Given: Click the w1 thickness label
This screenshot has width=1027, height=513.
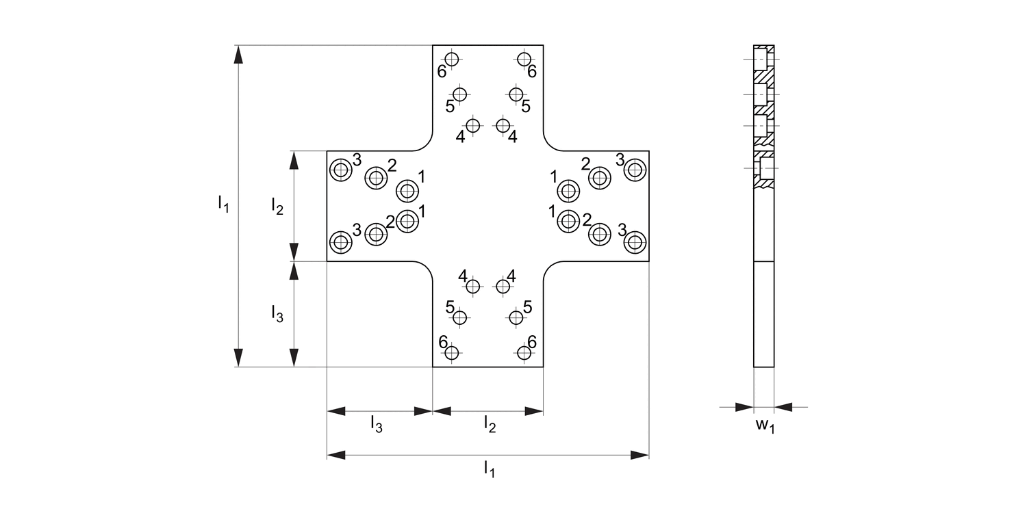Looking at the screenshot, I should [765, 426].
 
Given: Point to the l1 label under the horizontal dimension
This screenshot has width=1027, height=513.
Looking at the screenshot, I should [488, 469].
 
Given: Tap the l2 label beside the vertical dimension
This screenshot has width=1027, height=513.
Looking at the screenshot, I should [277, 205].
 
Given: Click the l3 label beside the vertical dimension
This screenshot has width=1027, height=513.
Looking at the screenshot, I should [277, 314].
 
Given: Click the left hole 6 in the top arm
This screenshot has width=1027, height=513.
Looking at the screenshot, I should [451, 59].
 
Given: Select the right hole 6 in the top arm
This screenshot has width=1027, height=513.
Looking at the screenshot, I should [524, 59].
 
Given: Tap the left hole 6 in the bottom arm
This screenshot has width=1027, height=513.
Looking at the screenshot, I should [451, 353].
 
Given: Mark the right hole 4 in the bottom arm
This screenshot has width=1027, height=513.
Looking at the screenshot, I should [503, 287].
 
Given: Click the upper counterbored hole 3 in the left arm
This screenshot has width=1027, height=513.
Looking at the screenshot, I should [340, 169].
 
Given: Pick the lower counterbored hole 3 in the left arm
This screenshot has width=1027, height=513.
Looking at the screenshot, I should [340, 241].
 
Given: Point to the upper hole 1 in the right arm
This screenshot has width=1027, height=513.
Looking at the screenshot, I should [568, 190].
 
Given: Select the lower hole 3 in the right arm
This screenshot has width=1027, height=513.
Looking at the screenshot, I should [635, 241].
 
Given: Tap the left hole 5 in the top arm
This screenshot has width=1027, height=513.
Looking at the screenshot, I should [459, 94].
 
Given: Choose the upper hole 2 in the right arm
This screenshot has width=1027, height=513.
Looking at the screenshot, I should [600, 178].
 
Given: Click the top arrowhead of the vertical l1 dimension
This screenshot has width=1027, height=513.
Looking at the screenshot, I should [238, 55].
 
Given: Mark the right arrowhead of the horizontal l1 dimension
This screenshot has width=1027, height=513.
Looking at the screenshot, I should [640, 454].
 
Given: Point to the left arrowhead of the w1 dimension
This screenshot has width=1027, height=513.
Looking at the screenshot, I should [744, 408].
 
